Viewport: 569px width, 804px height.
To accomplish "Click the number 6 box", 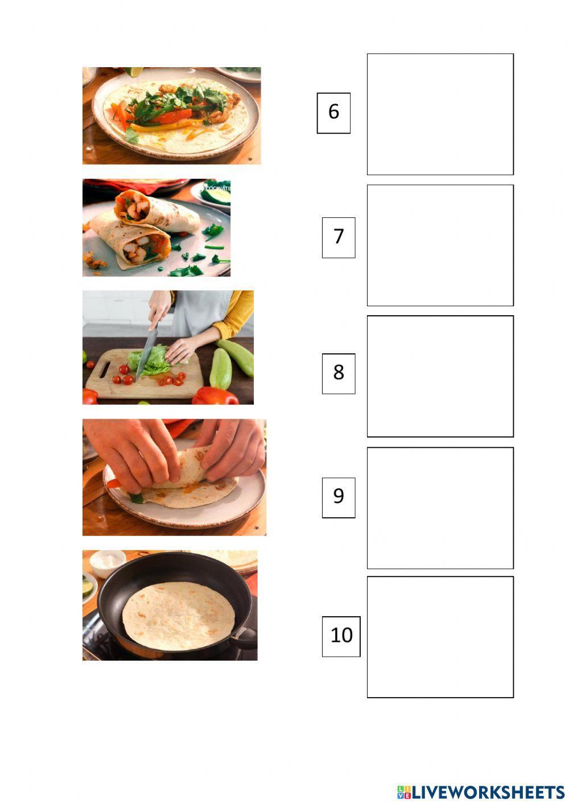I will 333,113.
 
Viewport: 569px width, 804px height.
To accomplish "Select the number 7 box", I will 339,237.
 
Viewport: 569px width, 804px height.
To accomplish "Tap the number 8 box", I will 339,373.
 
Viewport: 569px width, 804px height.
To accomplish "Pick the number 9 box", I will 339,497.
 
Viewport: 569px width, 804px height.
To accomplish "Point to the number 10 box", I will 341,636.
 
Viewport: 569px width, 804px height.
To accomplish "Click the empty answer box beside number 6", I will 440,114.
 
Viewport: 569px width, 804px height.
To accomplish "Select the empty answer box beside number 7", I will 440,245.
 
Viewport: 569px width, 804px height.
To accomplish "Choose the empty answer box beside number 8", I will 440,376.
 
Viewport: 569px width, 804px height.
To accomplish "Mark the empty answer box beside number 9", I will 440,508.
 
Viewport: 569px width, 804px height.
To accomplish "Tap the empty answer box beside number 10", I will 440,637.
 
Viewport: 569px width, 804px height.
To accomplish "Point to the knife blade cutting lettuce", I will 147,353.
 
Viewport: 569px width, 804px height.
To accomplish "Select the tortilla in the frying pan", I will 178,616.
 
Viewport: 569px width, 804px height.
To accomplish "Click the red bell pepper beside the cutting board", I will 215,396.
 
